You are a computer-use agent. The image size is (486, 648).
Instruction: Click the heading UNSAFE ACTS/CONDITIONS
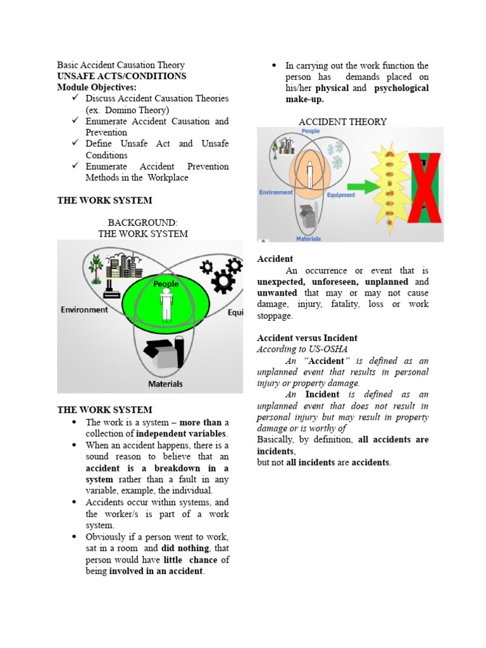(121, 76)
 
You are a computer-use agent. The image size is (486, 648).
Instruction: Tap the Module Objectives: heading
(97, 87)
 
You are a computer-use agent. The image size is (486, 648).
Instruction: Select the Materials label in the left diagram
(165, 383)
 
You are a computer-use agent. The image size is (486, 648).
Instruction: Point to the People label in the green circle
(166, 284)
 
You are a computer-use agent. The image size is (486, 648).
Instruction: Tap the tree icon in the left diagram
(96, 269)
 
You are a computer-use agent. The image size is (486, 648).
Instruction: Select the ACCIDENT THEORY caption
(342, 121)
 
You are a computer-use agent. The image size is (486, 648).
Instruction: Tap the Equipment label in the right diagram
(340, 196)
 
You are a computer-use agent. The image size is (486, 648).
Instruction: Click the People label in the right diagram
(310, 132)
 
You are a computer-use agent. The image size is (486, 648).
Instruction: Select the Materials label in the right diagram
(308, 239)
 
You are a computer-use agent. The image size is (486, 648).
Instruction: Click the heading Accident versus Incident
(307, 338)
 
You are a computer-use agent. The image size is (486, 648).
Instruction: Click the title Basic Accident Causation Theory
(121, 65)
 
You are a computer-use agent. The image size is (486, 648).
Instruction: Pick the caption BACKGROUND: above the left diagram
(142, 223)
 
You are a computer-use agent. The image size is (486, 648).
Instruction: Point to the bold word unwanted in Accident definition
(277, 293)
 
